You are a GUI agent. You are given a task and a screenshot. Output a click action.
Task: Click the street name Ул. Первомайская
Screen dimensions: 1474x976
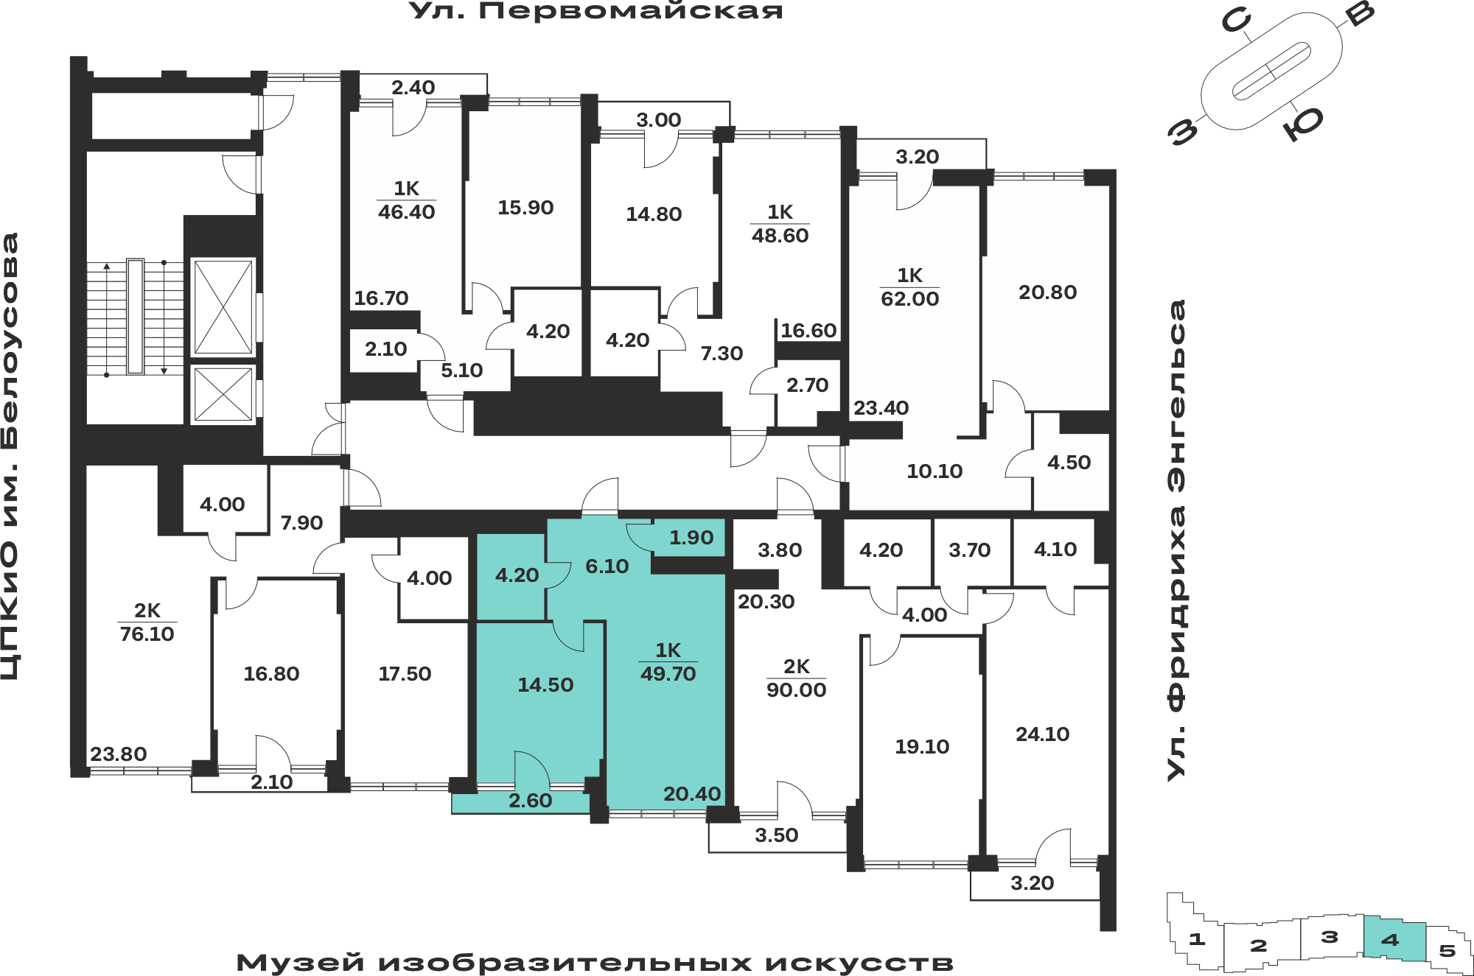point(595,10)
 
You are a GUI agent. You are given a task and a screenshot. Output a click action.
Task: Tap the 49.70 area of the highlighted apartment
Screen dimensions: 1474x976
point(668,674)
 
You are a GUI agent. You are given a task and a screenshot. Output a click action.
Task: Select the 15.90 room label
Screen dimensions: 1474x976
point(525,208)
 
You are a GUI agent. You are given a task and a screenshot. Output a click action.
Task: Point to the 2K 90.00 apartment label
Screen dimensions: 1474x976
point(796,678)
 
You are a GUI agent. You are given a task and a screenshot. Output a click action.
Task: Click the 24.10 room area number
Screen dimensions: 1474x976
point(1042,734)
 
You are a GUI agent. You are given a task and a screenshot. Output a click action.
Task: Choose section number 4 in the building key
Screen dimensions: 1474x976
point(1390,940)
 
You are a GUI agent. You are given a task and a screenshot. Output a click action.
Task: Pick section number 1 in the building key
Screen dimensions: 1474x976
point(1197,939)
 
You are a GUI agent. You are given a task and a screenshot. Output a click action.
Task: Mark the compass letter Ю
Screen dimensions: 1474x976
point(1303,123)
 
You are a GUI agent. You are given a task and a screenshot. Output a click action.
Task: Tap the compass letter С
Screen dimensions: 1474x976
point(1236,21)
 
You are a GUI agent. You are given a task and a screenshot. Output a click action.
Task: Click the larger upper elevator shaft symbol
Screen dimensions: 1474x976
point(223,307)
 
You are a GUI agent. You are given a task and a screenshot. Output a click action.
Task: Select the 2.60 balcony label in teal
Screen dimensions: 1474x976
point(530,801)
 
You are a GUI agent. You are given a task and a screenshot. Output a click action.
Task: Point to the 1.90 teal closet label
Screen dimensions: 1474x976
point(691,538)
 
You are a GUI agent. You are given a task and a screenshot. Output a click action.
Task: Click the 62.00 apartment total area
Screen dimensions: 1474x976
point(909,299)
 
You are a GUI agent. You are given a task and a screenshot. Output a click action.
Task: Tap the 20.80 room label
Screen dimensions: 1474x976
point(1047,292)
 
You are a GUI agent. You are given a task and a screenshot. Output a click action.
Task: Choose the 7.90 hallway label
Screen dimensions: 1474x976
point(301,523)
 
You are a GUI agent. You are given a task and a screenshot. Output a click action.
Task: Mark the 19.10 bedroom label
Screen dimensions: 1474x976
point(922,747)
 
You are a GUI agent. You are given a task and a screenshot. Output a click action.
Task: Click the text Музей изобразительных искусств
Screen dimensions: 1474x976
point(595,963)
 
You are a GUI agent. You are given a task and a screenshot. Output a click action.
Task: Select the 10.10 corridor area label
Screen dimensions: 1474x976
point(935,471)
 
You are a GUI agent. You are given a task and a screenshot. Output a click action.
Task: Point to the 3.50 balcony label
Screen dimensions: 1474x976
point(776,835)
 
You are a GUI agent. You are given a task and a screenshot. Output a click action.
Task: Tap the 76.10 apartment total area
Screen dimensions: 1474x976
point(147,634)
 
